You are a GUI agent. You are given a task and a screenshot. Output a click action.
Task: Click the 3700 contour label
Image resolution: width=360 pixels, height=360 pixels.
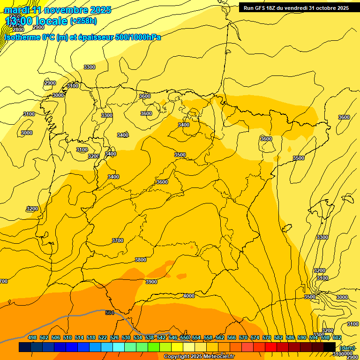click(x=118, y=240)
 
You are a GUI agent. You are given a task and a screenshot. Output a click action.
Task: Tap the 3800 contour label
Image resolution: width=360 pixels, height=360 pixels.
click(x=141, y=260)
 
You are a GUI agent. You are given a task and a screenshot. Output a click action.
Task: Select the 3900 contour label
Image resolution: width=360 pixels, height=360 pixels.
click(x=151, y=282)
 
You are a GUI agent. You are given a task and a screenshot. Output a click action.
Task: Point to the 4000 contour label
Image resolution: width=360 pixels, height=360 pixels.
click(x=188, y=296)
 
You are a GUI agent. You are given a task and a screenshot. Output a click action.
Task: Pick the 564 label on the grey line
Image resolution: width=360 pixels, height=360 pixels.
click(x=110, y=313)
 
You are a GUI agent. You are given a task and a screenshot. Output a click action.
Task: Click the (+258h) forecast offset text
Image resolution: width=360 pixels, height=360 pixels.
click(x=83, y=21)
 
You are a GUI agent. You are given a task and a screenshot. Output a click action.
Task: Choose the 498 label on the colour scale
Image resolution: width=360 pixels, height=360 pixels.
click(x=32, y=337)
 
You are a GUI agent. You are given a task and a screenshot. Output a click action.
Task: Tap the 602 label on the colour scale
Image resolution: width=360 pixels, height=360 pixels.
click(x=337, y=337)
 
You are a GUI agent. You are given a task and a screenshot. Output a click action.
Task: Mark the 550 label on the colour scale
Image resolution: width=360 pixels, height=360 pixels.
click(x=185, y=337)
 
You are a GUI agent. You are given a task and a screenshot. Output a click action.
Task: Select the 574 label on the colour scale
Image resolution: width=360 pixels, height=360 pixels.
click(x=255, y=337)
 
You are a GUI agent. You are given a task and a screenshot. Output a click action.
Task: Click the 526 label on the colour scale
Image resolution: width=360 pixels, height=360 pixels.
click(x=114, y=337)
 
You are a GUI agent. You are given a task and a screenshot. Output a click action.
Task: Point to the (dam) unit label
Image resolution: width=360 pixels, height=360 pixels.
click(x=347, y=347)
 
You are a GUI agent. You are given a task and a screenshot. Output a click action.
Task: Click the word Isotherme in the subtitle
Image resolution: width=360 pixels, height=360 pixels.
click(x=22, y=37)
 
